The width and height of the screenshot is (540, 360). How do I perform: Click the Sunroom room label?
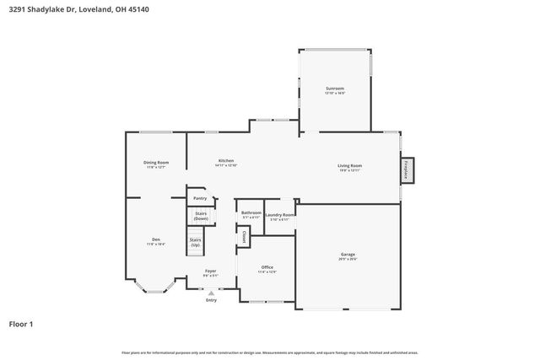[x=335, y=89]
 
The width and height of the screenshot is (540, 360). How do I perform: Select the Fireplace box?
[x=406, y=170]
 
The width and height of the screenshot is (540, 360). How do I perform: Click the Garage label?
[x=348, y=254]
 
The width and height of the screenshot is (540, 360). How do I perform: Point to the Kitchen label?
[x=226, y=161]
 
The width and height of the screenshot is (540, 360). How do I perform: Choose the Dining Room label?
[x=156, y=163]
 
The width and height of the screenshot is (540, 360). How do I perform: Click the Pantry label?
[x=200, y=198]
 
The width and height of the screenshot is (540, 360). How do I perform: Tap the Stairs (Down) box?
[x=201, y=216]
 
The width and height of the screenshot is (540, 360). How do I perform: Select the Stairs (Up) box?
[x=195, y=242]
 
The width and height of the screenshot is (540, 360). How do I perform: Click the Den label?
[x=156, y=240]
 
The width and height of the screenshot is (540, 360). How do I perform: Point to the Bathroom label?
[x=251, y=213]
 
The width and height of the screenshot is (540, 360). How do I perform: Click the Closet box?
[x=244, y=236]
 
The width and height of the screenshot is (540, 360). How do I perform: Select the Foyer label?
[x=210, y=271]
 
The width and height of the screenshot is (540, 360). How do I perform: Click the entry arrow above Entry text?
[x=211, y=293]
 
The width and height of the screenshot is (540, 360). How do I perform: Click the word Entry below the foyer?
[x=211, y=300]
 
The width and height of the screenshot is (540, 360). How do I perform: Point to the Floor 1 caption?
[x=21, y=324]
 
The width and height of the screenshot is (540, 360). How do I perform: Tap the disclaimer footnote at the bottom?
[x=269, y=352]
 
